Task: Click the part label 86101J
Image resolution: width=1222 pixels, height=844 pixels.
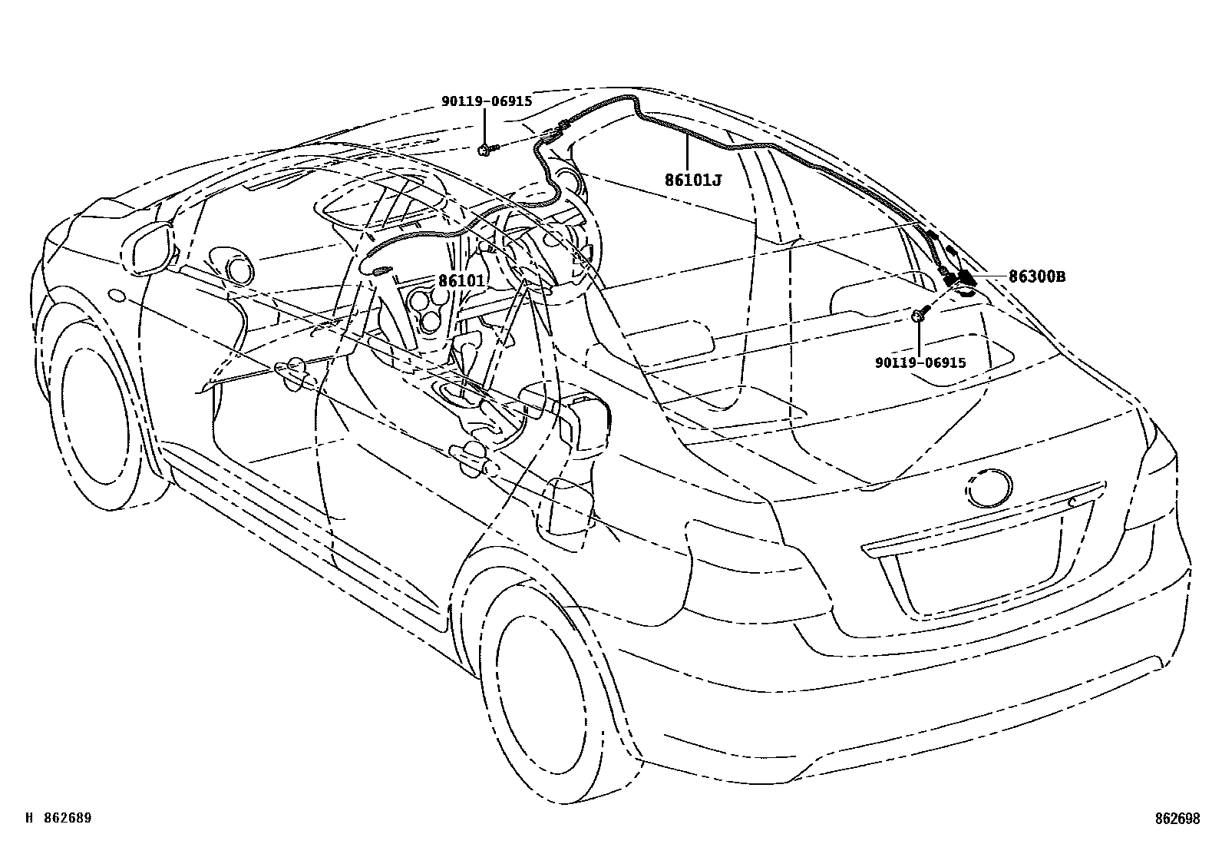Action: coord(693,181)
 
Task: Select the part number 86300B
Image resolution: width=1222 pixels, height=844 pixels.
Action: coord(1036,277)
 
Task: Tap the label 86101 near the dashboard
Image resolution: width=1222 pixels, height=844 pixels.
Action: coord(461,281)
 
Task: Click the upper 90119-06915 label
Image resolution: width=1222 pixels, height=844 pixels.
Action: coord(486,101)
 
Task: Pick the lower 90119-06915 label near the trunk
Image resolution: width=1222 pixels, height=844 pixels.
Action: coord(920,362)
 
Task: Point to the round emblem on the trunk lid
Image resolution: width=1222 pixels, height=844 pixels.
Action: coord(989,488)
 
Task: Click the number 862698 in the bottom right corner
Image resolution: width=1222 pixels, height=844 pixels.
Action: coord(1177,819)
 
